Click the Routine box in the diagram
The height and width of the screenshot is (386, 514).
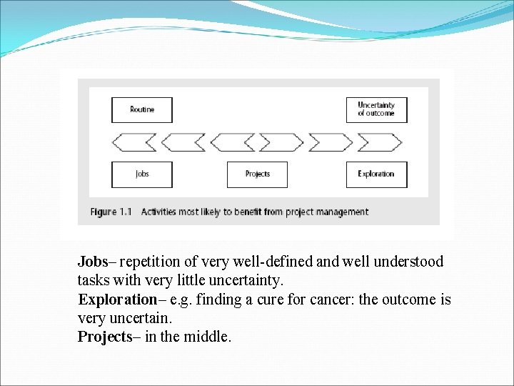(142, 110)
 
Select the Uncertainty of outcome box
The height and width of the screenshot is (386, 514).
(376, 110)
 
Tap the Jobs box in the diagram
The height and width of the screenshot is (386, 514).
(142, 174)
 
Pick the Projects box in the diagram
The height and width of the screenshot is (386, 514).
(257, 174)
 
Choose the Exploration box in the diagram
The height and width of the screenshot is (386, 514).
(376, 174)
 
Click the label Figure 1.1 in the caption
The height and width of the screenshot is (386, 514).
(111, 212)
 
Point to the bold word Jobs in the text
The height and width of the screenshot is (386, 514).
(92, 262)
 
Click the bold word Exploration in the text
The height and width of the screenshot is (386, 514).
(117, 300)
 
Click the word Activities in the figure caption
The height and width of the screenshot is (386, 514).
(159, 212)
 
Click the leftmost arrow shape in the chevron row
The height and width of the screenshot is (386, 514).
(135, 142)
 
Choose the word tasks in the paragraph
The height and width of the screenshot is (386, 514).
(93, 281)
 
